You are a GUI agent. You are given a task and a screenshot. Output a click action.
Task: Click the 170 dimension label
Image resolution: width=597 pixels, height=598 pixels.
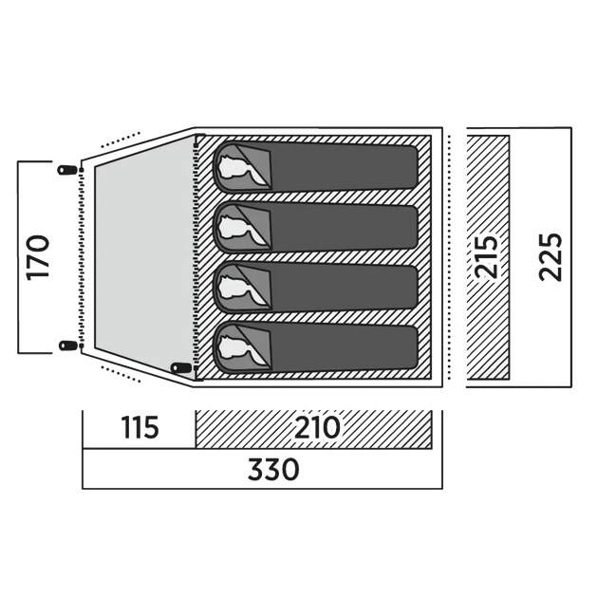[38, 257]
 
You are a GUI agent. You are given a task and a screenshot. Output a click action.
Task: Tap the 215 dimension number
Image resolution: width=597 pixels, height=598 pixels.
[487, 257]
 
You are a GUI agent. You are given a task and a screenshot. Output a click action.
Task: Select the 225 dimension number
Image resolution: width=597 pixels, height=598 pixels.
[550, 257]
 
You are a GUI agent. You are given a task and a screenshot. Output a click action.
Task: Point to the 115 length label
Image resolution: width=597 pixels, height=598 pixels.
[140, 427]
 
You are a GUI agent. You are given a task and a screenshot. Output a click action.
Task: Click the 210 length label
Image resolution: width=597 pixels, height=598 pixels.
[317, 427]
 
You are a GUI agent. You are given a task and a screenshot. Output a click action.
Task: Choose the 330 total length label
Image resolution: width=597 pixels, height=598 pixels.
[273, 470]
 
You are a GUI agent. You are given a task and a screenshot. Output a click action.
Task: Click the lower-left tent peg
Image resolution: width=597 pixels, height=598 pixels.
[67, 346]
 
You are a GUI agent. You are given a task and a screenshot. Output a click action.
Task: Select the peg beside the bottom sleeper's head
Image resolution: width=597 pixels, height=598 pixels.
[180, 367]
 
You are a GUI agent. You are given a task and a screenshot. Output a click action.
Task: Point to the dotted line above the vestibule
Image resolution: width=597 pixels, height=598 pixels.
[121, 140]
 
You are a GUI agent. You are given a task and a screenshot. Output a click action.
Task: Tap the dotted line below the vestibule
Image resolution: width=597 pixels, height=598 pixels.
[121, 374]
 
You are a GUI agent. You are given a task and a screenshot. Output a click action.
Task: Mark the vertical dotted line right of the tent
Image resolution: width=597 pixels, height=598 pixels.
[450, 257]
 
